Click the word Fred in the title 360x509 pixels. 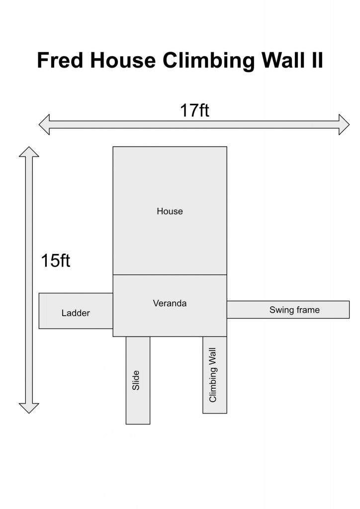[x=60, y=60]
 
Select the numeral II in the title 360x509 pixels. [x=314, y=60]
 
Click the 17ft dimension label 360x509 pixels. [x=194, y=110]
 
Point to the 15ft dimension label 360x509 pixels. [x=56, y=260]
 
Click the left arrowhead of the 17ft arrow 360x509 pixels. [x=44, y=124]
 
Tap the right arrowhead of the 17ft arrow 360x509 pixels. [x=344, y=124]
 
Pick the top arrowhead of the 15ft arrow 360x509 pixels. [x=29, y=152]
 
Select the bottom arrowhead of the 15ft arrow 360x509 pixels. [x=29, y=408]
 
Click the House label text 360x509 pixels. [x=170, y=211]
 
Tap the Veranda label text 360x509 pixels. [x=170, y=304]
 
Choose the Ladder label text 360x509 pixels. [x=76, y=313]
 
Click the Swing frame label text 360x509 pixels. [x=294, y=310]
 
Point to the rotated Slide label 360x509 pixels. [x=136, y=380]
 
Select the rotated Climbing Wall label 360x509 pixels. [x=213, y=375]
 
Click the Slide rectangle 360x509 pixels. [x=138, y=380]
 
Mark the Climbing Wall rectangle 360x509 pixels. [x=215, y=375]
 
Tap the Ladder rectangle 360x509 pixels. [x=76, y=311]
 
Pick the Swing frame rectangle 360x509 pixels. [x=288, y=310]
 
